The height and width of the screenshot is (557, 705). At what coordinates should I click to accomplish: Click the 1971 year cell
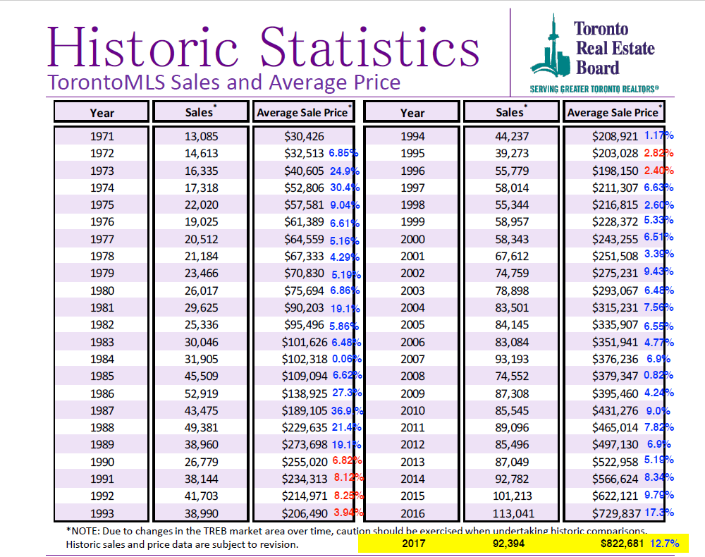click(102, 136)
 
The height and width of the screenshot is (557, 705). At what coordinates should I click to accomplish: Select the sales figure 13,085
click(201, 136)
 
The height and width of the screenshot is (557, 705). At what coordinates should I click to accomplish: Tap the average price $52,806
click(304, 188)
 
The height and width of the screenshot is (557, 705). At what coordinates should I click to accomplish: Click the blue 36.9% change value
click(347, 410)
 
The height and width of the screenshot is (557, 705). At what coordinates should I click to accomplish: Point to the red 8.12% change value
click(348, 478)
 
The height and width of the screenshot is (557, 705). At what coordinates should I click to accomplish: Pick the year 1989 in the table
click(102, 445)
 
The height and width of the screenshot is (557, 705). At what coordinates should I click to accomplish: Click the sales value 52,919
click(201, 394)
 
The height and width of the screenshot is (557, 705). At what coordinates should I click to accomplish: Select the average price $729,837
click(615, 513)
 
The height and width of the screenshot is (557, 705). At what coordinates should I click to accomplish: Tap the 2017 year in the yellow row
click(414, 544)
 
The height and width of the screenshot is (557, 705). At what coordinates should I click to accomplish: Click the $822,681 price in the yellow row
click(623, 544)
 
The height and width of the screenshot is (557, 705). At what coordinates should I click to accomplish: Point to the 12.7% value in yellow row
click(665, 544)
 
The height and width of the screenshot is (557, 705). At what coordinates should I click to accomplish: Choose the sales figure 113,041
click(512, 513)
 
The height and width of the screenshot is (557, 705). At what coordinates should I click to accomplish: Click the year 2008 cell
click(412, 377)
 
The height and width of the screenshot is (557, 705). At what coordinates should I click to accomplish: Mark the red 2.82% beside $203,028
click(658, 153)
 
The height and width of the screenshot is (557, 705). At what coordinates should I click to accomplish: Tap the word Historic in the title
click(143, 47)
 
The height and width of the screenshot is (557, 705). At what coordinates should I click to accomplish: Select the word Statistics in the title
click(369, 47)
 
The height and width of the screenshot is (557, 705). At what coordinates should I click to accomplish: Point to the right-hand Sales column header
click(511, 112)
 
